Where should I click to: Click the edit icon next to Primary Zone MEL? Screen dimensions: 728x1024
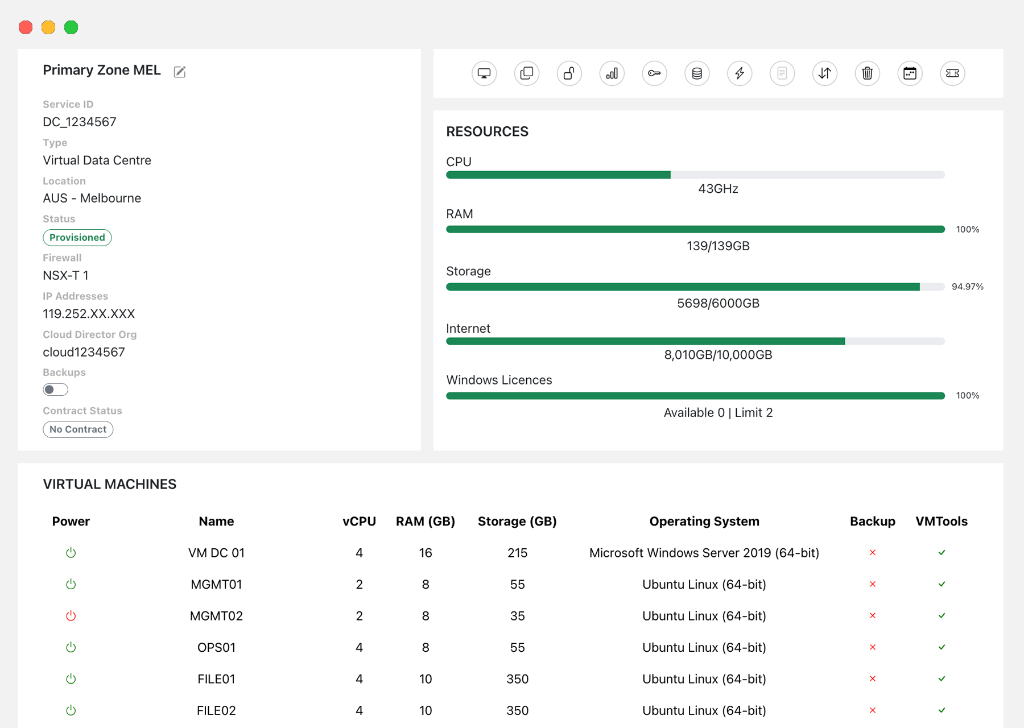(x=180, y=72)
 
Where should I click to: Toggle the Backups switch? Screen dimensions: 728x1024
(x=55, y=390)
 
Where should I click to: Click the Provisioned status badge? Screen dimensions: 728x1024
(x=77, y=238)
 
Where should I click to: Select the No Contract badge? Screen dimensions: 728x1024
(x=78, y=429)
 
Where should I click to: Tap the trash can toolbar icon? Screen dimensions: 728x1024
(x=867, y=73)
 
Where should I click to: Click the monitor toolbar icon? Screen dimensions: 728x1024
(x=484, y=73)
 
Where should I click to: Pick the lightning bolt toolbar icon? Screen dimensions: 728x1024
(x=740, y=73)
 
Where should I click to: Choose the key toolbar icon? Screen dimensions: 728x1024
(x=654, y=73)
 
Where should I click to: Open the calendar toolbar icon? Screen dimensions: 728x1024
(x=910, y=73)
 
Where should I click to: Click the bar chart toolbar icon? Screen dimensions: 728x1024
(x=612, y=73)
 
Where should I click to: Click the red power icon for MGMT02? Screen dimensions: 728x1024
(x=71, y=616)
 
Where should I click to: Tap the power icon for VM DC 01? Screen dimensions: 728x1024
(x=71, y=553)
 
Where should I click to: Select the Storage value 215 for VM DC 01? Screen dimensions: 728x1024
(x=517, y=553)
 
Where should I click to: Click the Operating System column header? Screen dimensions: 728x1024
(x=704, y=522)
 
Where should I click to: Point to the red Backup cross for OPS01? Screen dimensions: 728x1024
(x=873, y=647)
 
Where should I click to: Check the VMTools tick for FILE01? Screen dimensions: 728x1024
(x=942, y=679)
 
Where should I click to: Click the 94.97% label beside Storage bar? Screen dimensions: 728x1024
(x=967, y=287)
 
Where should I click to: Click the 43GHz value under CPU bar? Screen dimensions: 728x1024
(x=718, y=189)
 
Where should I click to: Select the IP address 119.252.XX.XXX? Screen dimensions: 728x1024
(x=89, y=314)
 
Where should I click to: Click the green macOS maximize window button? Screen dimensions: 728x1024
(x=71, y=27)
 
